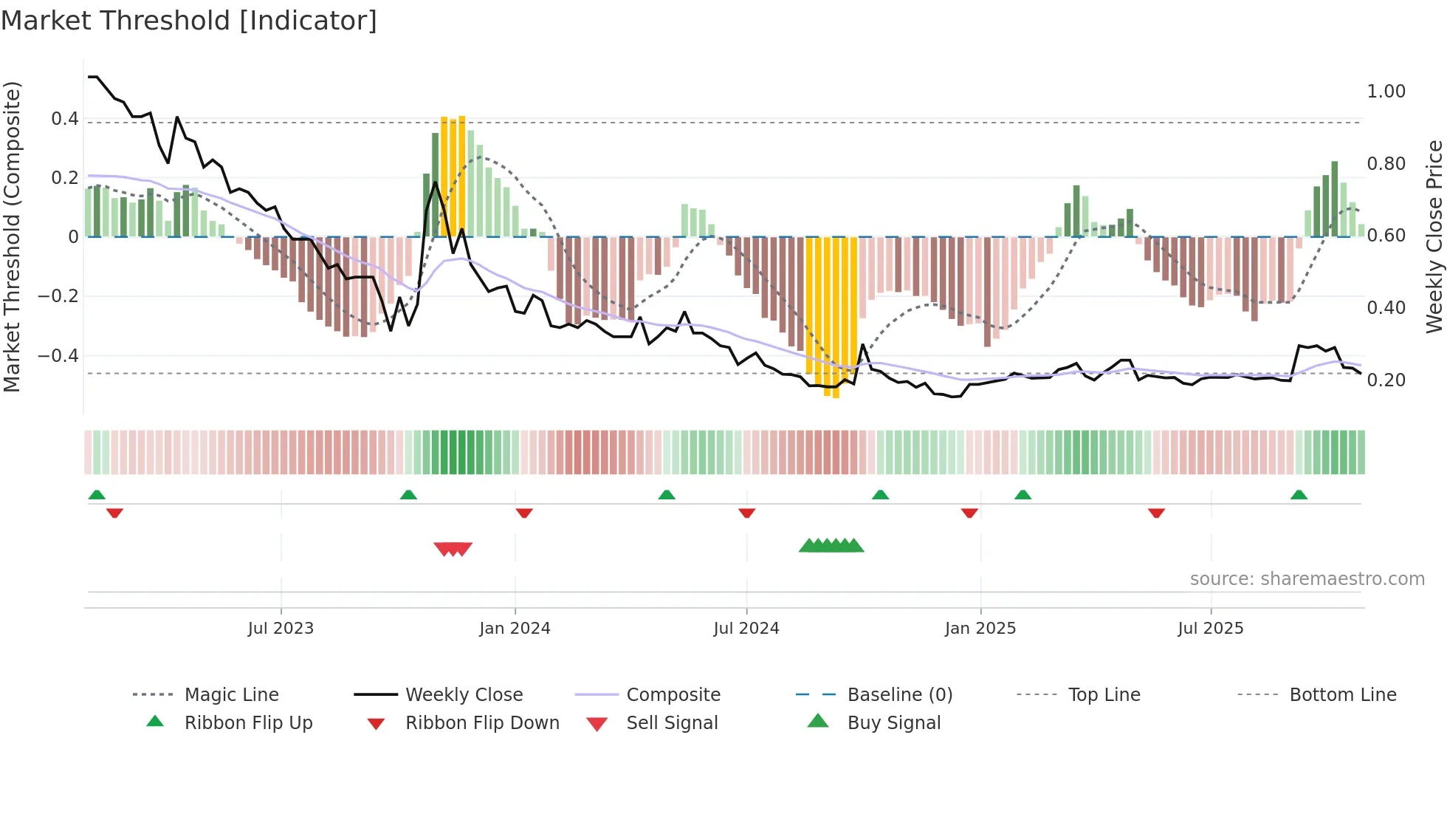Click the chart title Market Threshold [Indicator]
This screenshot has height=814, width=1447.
189,21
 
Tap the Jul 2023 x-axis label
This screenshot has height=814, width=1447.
281,629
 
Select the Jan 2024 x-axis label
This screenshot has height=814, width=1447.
515,629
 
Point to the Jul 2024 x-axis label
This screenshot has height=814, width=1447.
746,629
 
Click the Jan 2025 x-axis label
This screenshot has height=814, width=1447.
980,629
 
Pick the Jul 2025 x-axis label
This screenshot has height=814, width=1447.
1211,629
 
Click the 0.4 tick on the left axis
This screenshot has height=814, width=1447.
65,119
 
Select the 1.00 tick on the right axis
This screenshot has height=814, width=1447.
1386,92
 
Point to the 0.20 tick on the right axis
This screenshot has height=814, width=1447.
1386,380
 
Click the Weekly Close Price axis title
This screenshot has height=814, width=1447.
1434,236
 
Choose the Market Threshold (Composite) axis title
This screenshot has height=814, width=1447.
12,236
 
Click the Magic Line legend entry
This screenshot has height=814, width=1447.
231,695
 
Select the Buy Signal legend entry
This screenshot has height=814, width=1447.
893,723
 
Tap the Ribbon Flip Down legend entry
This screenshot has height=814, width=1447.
482,723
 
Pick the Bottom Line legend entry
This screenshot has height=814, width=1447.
1342,695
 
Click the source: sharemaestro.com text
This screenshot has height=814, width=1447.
1307,579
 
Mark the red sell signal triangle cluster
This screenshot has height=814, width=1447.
453,549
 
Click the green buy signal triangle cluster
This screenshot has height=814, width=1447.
831,546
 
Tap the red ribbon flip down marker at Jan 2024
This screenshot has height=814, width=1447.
524,513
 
